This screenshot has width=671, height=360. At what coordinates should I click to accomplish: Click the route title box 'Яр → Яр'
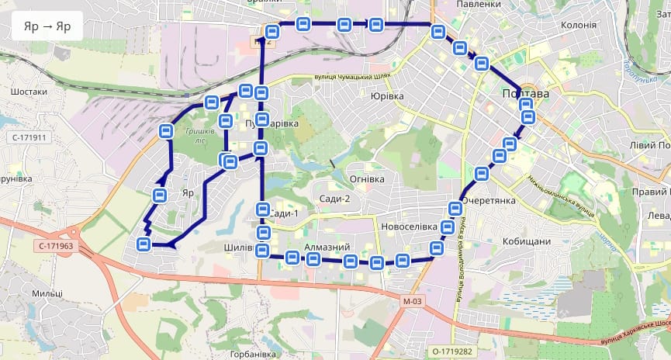(x=47, y=26)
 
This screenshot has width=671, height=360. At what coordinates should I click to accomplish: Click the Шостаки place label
(x=29, y=92)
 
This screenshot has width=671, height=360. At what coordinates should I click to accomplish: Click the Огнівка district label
(x=367, y=179)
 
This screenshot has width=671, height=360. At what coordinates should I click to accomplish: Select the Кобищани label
(x=526, y=241)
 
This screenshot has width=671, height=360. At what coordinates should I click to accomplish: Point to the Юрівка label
(x=387, y=96)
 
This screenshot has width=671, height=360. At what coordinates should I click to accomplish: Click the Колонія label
(x=578, y=25)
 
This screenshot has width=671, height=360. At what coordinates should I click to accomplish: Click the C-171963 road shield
(x=55, y=246)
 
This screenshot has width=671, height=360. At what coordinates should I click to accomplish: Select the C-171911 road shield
(x=29, y=137)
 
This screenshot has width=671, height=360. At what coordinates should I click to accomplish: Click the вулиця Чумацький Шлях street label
(x=350, y=76)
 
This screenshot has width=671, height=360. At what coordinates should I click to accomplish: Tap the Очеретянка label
(x=489, y=200)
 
